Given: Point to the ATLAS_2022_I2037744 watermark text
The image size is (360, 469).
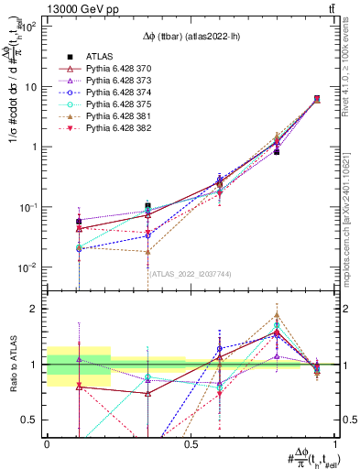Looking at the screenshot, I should [191, 273].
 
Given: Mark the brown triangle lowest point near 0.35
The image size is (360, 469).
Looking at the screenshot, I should [147, 252].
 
